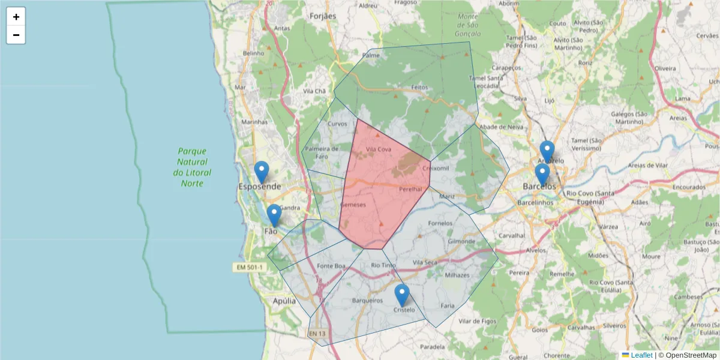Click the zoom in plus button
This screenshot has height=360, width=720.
coord(16,17)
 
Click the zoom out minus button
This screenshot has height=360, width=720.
coord(16,35)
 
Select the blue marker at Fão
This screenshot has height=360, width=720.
coord(274,215)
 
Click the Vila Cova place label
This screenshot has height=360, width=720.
coord(379,149)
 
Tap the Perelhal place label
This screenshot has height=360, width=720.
coord(411,189)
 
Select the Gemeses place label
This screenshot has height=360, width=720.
coord(353,205)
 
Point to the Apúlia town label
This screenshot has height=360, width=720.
coord(284,301)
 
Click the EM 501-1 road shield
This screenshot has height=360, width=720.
coord(248,266)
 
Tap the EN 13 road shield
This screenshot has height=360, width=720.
coord(317,333)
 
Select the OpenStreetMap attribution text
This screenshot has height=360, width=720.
coord(687,355)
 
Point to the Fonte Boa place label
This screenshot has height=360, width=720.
coord(332,266)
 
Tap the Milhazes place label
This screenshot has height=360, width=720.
coord(457,275)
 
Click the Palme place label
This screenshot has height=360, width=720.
coord(371,55)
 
